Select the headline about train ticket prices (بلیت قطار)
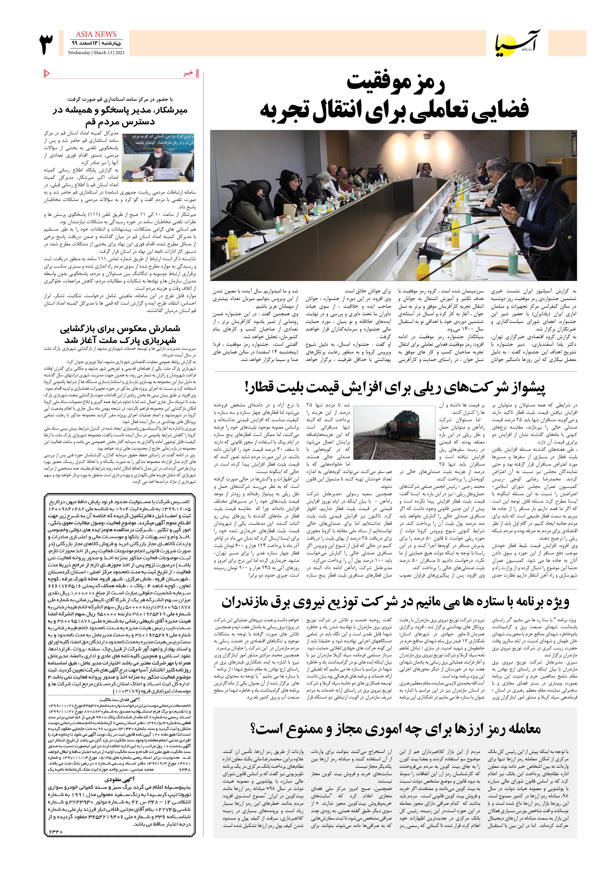tap(395, 388)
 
